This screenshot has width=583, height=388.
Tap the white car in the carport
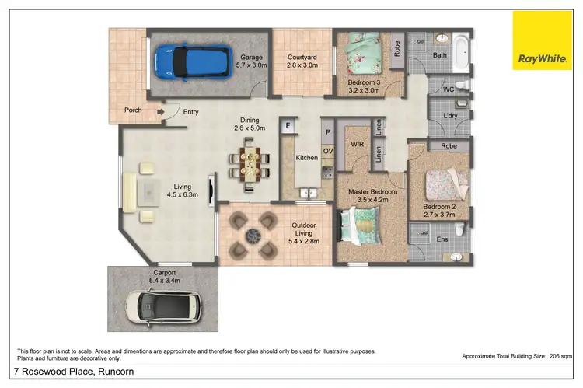165,306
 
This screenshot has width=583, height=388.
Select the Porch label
133,110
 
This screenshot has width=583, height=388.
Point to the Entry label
190,112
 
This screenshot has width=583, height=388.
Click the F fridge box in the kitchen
287,125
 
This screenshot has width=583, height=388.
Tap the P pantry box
328,133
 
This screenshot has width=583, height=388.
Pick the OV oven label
328,151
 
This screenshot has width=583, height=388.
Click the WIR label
358,144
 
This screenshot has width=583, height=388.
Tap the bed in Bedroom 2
448,185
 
